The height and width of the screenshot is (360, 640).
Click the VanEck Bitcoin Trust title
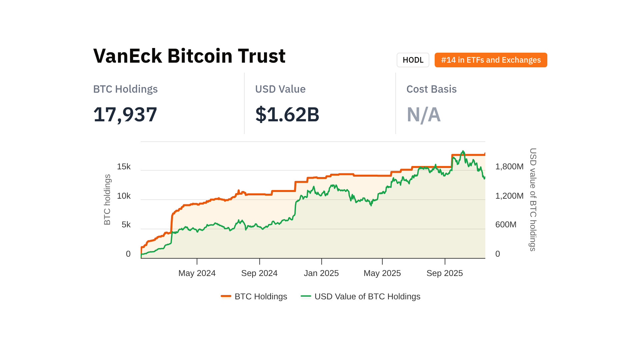(189, 56)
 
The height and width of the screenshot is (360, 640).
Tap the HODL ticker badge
(413, 60)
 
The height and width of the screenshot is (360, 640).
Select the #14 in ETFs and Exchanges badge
(491, 60)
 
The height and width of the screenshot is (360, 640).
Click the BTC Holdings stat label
(125, 89)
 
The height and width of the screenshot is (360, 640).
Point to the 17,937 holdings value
(125, 114)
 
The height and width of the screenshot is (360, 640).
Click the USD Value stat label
(280, 89)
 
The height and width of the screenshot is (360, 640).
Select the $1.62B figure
(287, 114)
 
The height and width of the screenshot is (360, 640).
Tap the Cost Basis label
(431, 89)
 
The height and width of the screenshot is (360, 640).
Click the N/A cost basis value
(423, 115)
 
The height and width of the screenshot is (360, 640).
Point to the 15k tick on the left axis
(124, 167)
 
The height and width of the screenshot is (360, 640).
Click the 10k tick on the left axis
(124, 196)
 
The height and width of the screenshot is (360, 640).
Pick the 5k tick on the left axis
(126, 225)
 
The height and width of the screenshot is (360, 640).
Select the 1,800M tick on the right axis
(509, 167)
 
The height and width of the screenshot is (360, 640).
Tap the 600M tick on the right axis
(506, 225)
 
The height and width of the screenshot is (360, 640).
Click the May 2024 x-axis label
(197, 273)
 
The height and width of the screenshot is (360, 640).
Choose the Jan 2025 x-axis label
(321, 273)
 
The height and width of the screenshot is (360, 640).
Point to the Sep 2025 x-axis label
(444, 273)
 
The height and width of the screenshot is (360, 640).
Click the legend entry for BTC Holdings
(254, 296)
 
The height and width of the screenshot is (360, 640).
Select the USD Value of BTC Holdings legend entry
(361, 296)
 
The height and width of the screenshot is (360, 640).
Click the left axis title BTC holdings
(107, 200)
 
